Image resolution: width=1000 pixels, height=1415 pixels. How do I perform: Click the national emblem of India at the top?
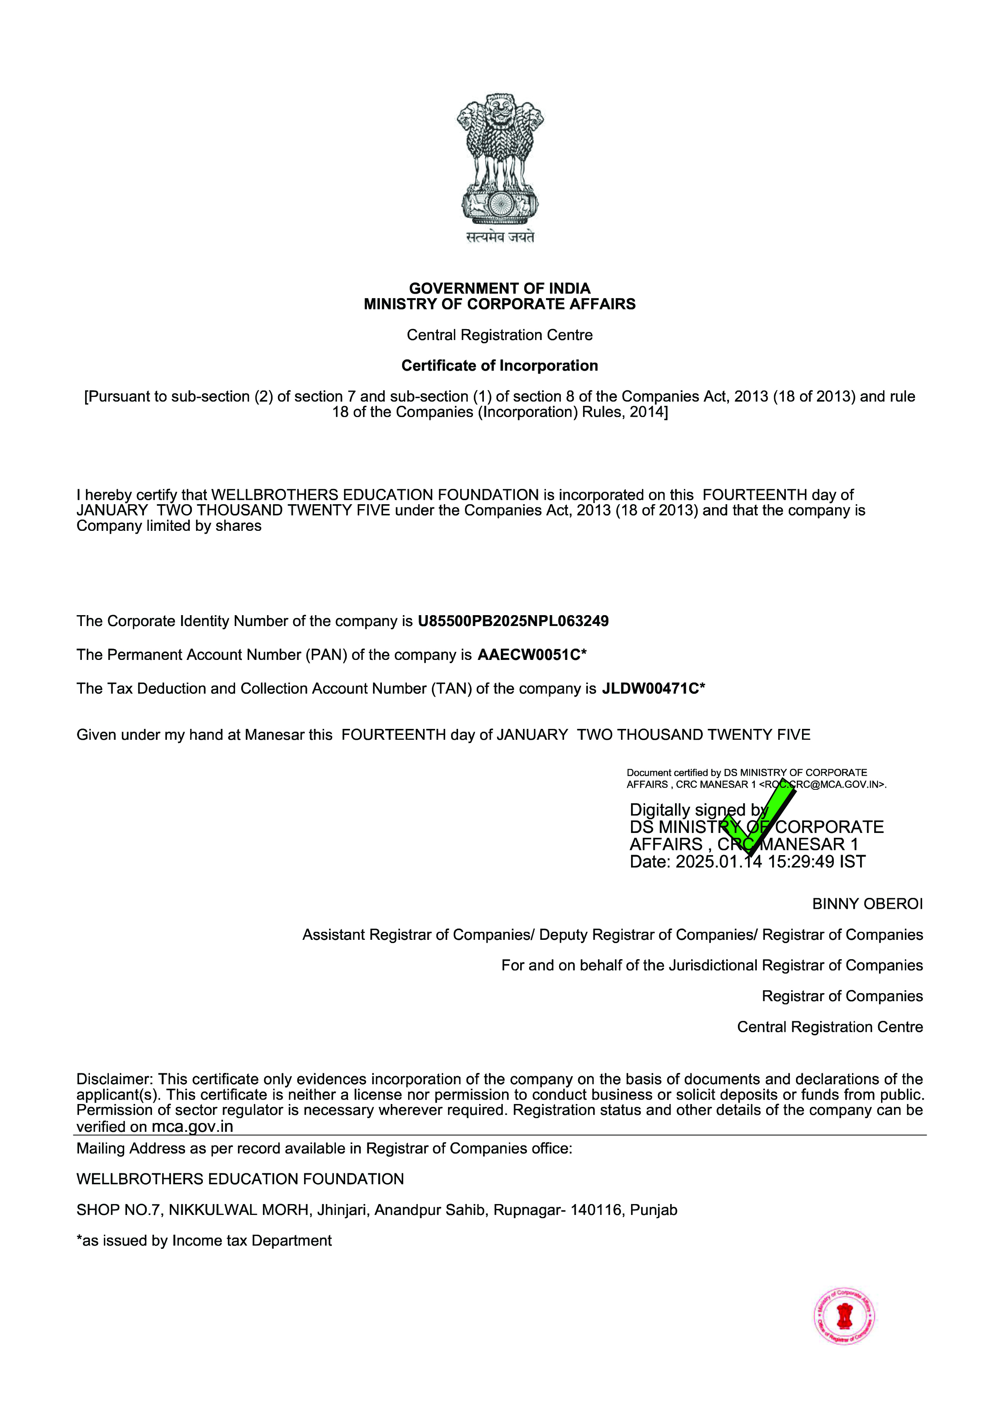[x=500, y=159]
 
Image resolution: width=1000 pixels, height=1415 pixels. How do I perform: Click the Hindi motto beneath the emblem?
[x=500, y=237]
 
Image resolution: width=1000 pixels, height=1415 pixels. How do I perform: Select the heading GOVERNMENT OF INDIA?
[x=500, y=288]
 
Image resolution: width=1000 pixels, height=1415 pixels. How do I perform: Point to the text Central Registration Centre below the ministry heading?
[x=500, y=335]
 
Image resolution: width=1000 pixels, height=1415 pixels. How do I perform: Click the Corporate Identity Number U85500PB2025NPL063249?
[x=513, y=621]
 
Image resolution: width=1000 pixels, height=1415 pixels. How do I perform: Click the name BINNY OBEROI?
[x=867, y=904]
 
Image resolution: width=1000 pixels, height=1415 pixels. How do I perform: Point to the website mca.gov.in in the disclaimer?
[x=192, y=1127]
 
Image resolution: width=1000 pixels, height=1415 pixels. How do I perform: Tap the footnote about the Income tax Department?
[x=204, y=1241]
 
